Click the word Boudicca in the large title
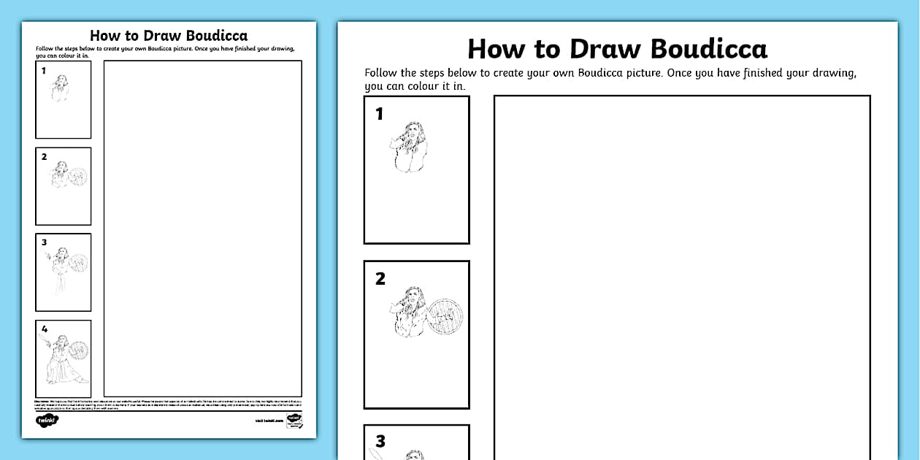point(708,49)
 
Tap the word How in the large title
point(495,49)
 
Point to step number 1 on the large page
point(379,114)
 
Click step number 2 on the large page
point(380,279)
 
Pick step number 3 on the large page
point(380,441)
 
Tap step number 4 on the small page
point(44,329)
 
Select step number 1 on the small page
point(44,71)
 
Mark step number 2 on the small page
point(44,157)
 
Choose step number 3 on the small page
point(44,242)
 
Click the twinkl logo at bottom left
point(47,420)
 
